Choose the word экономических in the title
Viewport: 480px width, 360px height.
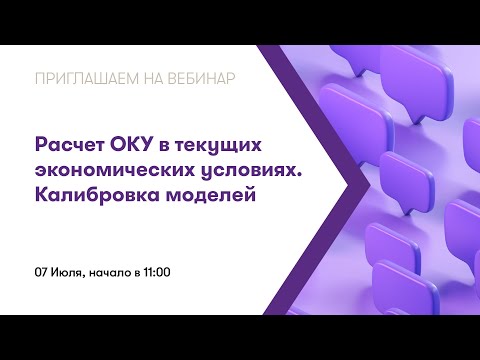(117, 170)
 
